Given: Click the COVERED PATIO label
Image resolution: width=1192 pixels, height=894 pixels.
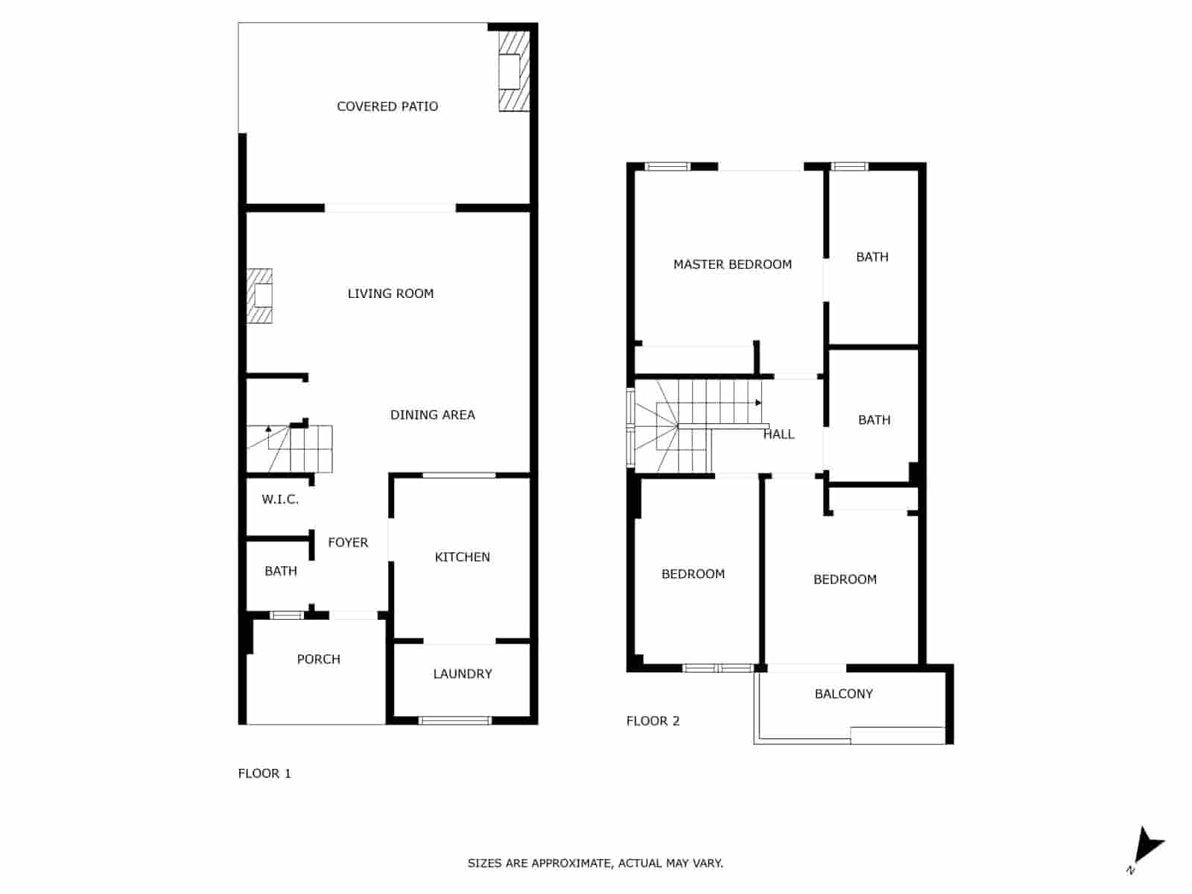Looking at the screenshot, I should pos(387,107).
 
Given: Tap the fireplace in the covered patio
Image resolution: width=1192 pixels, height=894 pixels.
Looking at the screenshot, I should pos(513,72).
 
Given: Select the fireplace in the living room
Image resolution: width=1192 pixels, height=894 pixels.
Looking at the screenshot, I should pos(260,296).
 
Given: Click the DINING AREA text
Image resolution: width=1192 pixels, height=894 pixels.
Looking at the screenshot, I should pos(432,415).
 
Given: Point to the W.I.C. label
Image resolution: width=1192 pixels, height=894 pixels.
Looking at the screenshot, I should pos(280,500).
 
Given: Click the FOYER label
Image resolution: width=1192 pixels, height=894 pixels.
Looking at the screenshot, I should pos(348,542).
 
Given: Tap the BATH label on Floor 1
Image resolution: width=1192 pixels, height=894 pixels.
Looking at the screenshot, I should pos(281,571).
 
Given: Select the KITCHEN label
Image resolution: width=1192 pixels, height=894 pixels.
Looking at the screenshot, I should pos(462,557).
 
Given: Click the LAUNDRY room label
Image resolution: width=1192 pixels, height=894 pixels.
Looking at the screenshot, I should pos(462,674).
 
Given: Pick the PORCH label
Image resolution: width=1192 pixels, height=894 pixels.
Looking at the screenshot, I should pos(318,659).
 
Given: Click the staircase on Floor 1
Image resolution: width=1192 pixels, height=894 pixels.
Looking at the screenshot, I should pos(298,448).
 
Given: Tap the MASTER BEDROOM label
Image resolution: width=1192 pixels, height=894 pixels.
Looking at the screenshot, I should pos(732,264).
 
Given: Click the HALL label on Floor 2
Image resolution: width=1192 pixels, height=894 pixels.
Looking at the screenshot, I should pos(779,434).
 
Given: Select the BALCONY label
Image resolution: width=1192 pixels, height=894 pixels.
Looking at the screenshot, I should pos(843,694).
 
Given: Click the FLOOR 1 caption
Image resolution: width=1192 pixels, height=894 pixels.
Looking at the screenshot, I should pos(264,773).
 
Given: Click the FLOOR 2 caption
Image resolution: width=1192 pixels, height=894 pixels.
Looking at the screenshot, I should pos(653,721).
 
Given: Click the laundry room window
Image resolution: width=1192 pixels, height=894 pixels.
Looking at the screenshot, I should pos(455,720).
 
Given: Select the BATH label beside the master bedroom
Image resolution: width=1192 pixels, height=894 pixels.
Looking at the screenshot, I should pos(872,257).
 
